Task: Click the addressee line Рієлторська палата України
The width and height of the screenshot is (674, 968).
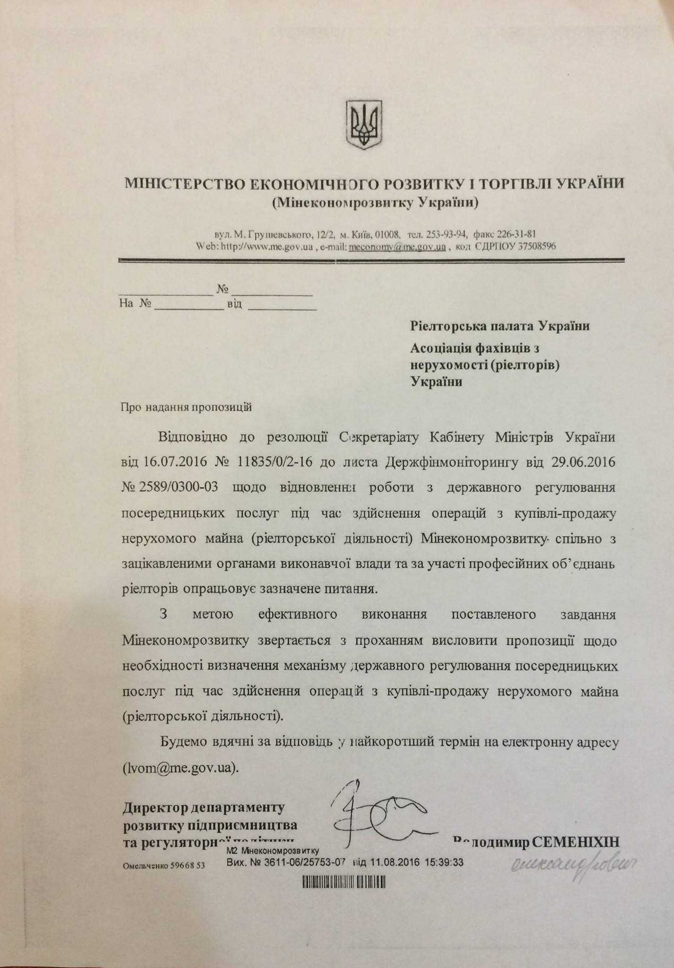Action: pyautogui.click(x=499, y=326)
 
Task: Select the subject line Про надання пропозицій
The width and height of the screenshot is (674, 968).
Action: pyautogui.click(x=187, y=407)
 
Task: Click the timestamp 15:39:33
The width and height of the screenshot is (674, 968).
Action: pyautogui.click(x=445, y=862)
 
